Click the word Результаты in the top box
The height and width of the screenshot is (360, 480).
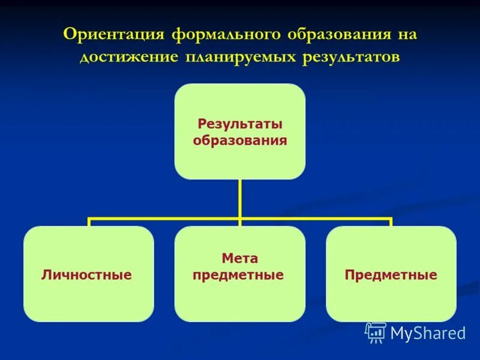click(240, 124)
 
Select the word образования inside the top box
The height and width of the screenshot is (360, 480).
click(240, 141)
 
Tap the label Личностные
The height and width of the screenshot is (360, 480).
click(86, 275)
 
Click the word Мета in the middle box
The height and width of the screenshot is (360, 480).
click(240, 259)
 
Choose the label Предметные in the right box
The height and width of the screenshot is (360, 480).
click(391, 275)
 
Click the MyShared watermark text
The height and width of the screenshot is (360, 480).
click(428, 333)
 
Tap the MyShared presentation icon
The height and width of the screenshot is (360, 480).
click(376, 332)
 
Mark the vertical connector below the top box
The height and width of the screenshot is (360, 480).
click(240, 198)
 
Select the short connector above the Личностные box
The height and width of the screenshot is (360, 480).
click(89, 223)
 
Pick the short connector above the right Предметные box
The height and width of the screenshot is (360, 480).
click(391, 223)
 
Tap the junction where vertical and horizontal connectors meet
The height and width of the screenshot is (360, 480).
click(240, 219)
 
